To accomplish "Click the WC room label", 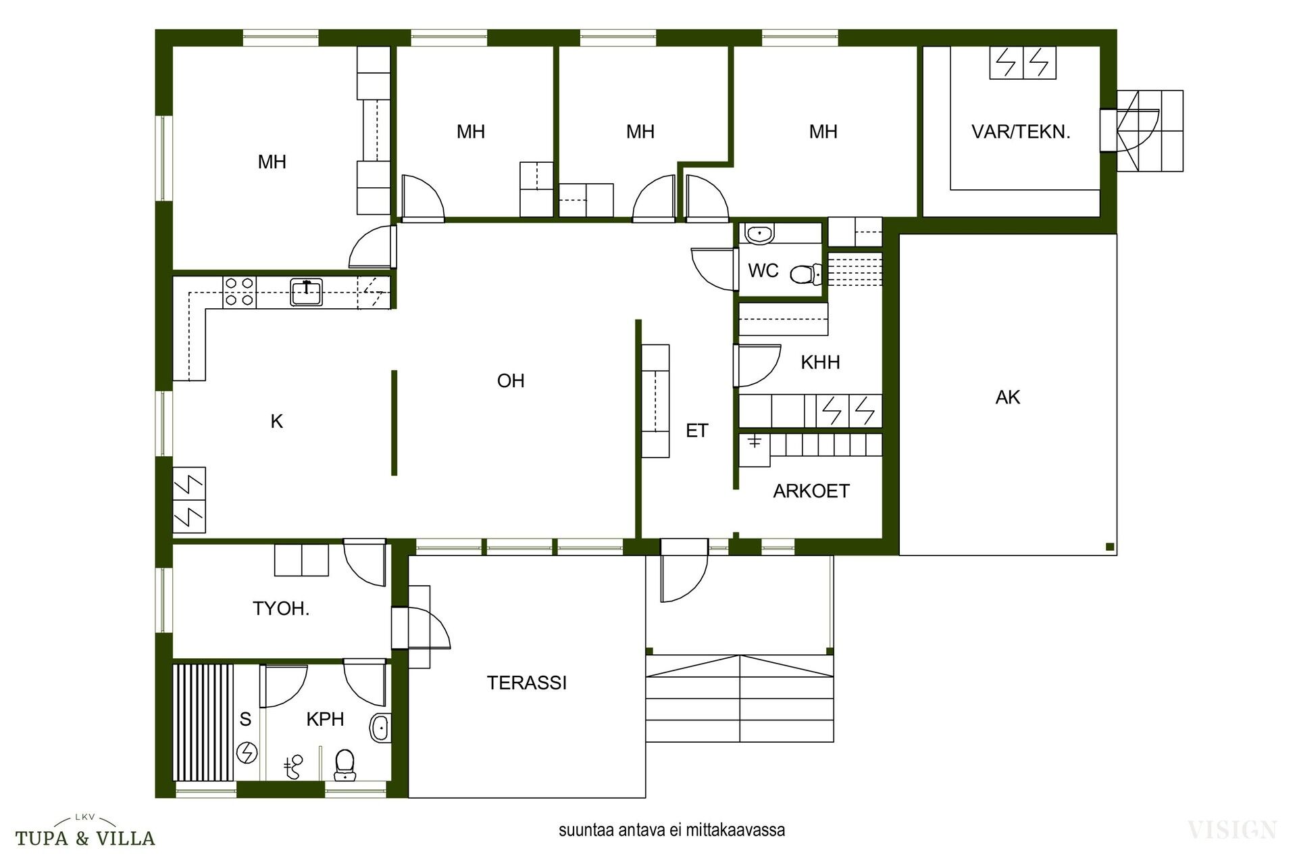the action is [x=763, y=271].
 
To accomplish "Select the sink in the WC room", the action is [x=760, y=234].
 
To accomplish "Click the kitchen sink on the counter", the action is [x=306, y=292].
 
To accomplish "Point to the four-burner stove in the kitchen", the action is [x=239, y=292].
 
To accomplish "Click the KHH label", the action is [x=820, y=362].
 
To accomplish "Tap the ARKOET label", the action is [x=811, y=491].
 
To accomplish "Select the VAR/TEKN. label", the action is [x=1021, y=132].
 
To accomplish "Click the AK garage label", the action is [x=1007, y=397].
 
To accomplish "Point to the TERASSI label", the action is [x=527, y=683].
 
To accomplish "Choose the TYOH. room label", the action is [x=281, y=609].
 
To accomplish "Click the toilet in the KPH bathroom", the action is [x=345, y=764].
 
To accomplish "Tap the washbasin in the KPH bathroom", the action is [x=380, y=728].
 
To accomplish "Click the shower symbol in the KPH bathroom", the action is [x=293, y=767].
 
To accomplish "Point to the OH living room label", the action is [x=511, y=381].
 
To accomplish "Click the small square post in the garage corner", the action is [x=1109, y=547].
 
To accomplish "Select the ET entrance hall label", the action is [x=696, y=431].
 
